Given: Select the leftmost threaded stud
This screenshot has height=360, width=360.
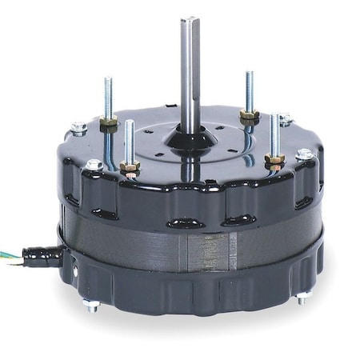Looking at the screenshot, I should coord(107,96).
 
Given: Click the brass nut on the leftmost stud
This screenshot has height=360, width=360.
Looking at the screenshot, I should coord(109,122).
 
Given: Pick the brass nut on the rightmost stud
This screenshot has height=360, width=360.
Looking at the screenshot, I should coord(274,161).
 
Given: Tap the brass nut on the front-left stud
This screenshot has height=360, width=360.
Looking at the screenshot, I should coord(130,167).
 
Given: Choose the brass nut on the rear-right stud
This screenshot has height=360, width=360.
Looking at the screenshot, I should coord(250,114).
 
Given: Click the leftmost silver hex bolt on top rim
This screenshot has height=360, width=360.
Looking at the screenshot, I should coord(78,127).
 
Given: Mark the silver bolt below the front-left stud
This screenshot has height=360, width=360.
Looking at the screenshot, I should coord(94,166).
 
